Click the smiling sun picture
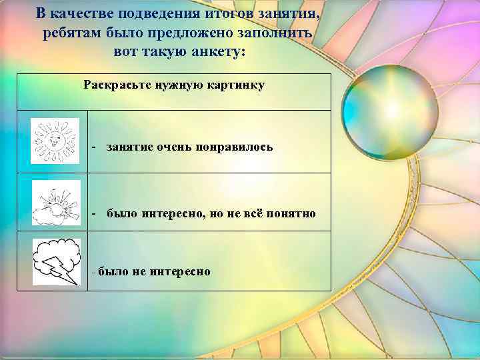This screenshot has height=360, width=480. [55, 141]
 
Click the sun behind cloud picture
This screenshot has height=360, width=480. [56, 202]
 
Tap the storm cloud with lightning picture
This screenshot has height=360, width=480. [57, 262]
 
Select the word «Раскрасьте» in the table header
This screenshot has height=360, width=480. [111, 85]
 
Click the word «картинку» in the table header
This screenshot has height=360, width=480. [237, 85]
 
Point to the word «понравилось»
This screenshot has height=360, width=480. [235, 147]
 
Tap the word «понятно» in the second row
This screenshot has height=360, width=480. [290, 213]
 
